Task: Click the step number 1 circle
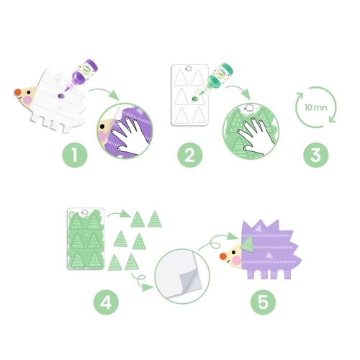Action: [75, 155]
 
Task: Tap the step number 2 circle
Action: [190, 155]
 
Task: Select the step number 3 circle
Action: [316, 155]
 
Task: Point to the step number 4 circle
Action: [106, 302]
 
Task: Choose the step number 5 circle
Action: [263, 302]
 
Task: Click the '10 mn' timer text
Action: [315, 107]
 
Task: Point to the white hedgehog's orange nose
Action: [17, 92]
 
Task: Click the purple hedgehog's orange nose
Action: [223, 256]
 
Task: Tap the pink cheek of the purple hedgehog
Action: [237, 261]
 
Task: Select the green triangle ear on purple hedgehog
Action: [248, 244]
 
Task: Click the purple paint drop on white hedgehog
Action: [61, 96]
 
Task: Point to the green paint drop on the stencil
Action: [195, 99]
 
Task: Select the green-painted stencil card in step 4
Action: [86, 238]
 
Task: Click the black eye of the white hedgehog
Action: [29, 92]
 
